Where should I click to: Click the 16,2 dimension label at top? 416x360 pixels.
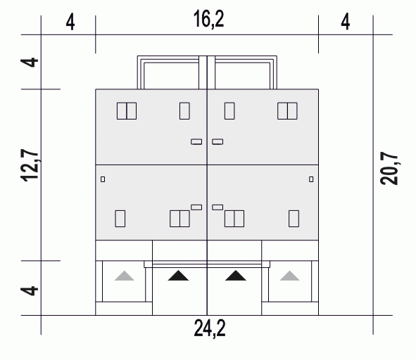click(209, 19)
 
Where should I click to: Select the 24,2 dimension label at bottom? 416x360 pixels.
click(210, 328)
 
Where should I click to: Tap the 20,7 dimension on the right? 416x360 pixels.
click(389, 168)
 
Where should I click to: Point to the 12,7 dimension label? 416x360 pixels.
click(30, 165)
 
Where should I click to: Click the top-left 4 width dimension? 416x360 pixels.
click(70, 22)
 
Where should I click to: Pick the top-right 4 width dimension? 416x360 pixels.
click(346, 22)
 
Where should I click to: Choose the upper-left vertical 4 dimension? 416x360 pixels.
click(29, 63)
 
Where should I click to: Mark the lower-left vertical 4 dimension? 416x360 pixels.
click(29, 290)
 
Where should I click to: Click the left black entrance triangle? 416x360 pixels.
click(178, 276)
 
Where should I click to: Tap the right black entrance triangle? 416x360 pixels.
click(236, 276)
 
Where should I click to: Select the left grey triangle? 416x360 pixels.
click(125, 276)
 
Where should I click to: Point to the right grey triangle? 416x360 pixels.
click(290, 276)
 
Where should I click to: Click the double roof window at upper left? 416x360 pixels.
click(127, 111)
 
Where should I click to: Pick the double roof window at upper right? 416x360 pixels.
click(287, 111)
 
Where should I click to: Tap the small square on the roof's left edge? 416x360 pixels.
click(103, 179)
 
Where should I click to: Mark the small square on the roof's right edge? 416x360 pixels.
click(311, 179)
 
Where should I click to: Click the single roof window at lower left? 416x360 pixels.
click(120, 219)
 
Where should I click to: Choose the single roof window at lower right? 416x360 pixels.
click(294, 219)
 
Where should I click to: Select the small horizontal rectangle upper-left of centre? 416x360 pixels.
click(196, 142)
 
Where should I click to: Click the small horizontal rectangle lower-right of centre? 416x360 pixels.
click(218, 207)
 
